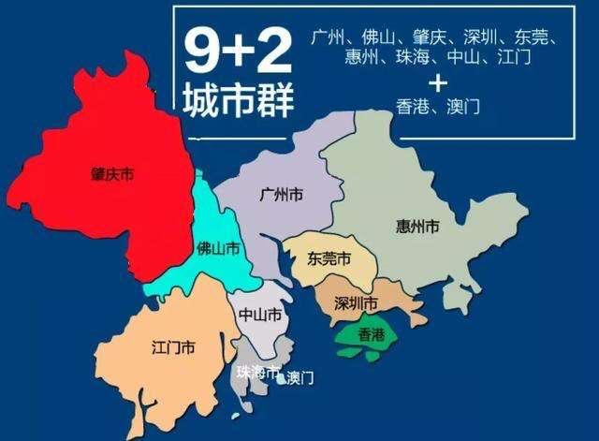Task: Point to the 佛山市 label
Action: [x=217, y=248]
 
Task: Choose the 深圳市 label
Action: [x=357, y=303]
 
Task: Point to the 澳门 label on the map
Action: [x=299, y=378]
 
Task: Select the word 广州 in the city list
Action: [x=328, y=38]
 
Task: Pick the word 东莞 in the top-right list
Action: [x=532, y=38]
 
